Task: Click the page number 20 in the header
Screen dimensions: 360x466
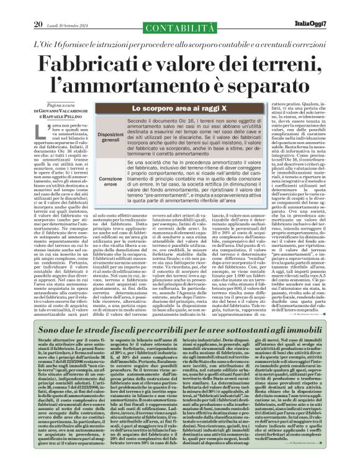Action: [37, 7]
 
